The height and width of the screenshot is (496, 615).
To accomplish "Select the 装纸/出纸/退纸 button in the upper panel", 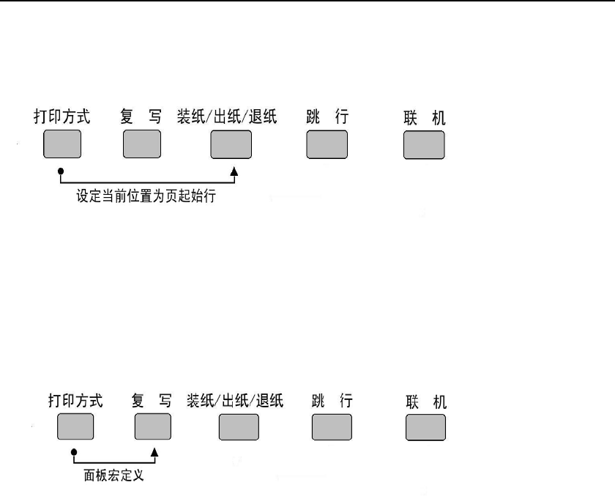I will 231,144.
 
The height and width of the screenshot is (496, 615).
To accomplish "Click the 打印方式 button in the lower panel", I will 76,426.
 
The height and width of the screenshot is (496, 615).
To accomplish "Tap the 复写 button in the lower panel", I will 152,426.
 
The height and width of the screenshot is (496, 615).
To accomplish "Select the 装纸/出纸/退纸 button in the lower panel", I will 240,426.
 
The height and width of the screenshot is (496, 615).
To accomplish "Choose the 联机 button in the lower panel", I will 425,427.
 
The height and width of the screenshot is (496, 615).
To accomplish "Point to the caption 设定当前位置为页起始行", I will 146,197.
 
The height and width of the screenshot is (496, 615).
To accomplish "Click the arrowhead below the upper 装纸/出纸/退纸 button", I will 235,170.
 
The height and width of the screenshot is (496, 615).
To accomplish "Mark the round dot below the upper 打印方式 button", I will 61,169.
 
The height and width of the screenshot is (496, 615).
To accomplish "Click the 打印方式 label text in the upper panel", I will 62,117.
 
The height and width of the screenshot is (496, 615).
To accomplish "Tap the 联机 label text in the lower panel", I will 426,402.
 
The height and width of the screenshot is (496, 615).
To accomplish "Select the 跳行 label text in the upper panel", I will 327,116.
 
